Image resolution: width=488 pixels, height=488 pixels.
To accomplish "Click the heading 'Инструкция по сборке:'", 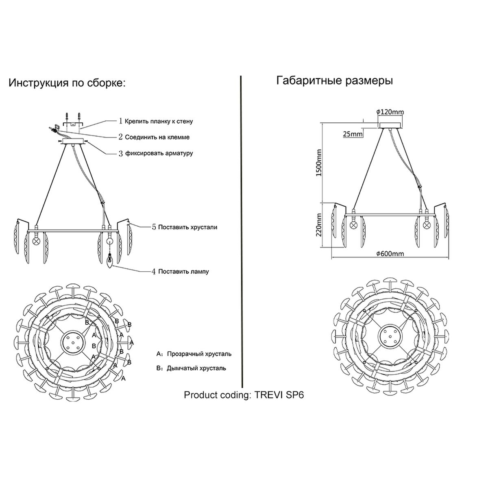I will click(68, 83).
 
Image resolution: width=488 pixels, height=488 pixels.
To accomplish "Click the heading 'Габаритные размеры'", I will click(334, 81).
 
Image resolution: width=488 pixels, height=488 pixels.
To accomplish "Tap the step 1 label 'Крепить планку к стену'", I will click(159, 121).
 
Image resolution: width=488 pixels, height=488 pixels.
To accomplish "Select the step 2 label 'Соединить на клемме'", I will click(157, 137).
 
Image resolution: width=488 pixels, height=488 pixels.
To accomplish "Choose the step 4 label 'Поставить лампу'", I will click(183, 271).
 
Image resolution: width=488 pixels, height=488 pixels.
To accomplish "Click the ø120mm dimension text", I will click(390, 112).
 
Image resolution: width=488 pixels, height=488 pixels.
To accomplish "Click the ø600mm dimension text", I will click(390, 254).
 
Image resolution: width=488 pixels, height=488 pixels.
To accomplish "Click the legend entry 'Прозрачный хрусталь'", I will click(199, 354).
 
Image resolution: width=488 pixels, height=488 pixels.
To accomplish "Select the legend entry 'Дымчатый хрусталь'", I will click(196, 368).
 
